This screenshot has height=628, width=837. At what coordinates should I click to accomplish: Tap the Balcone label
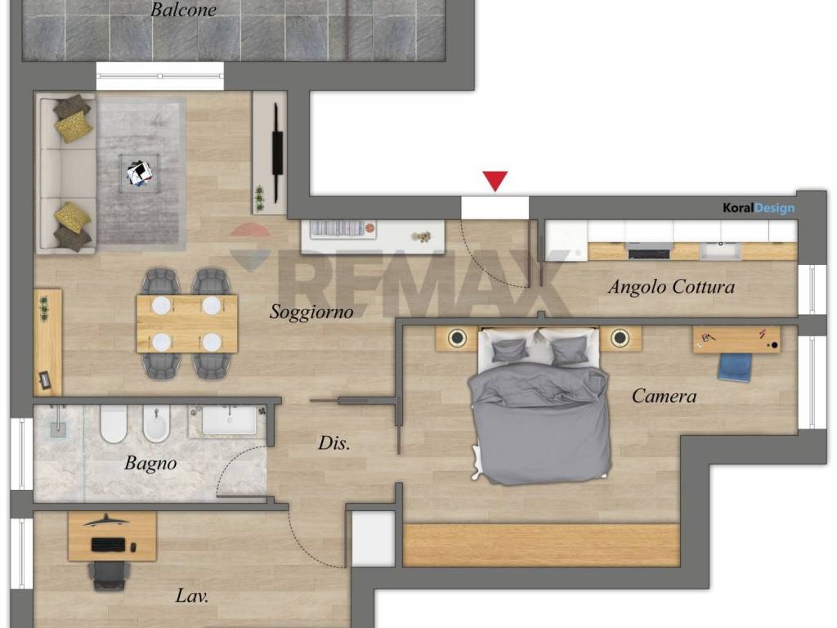tap(183, 10)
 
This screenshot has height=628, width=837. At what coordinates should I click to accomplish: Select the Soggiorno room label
tap(311, 312)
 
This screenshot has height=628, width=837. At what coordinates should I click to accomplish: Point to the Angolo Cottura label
tap(671, 287)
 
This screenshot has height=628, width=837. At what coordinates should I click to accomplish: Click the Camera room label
tap(664, 397)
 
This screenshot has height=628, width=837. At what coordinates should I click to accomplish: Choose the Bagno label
tap(150, 463)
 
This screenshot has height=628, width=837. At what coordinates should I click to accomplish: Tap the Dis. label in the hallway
tap(334, 442)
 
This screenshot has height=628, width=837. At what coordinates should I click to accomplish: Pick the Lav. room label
tap(191, 595)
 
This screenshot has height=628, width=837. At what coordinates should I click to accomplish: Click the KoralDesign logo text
tap(759, 208)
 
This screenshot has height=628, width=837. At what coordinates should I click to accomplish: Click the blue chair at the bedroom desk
tap(735, 367)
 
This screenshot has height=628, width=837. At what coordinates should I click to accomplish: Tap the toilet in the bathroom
tap(114, 424)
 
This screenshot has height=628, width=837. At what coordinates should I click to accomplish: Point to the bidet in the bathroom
tap(156, 424)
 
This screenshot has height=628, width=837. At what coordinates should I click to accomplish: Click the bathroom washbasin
tap(230, 420)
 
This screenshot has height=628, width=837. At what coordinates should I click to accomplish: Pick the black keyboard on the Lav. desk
tap(109, 545)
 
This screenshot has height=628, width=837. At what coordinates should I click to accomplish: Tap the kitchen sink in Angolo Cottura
tap(720, 250)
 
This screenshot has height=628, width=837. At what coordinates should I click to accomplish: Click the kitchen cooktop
tap(650, 251)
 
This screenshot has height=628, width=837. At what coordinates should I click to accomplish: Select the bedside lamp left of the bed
tap(457, 338)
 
